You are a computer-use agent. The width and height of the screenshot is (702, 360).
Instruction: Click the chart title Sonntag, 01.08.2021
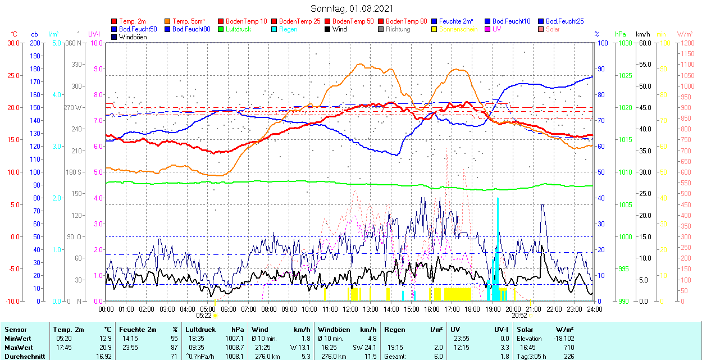click(352, 9)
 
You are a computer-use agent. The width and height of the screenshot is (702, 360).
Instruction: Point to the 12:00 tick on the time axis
click(350, 309)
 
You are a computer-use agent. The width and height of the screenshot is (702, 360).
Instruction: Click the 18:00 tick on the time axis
click(472, 309)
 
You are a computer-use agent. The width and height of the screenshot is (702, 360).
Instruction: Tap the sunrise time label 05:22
click(204, 316)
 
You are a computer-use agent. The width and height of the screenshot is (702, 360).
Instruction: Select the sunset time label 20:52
click(519, 316)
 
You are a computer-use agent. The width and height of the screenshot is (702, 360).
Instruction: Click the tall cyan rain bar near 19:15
click(498, 247)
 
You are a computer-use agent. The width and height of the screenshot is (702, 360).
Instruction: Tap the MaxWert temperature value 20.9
click(106, 348)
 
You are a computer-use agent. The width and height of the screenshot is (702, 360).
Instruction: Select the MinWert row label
click(17, 339)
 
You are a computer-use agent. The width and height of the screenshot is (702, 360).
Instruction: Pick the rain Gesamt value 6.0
click(437, 356)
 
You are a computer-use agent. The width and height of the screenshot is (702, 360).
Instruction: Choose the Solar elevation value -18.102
click(561, 339)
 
